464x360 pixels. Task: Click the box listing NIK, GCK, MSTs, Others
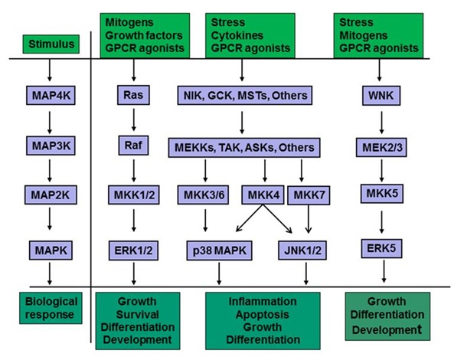(x=243, y=97)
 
